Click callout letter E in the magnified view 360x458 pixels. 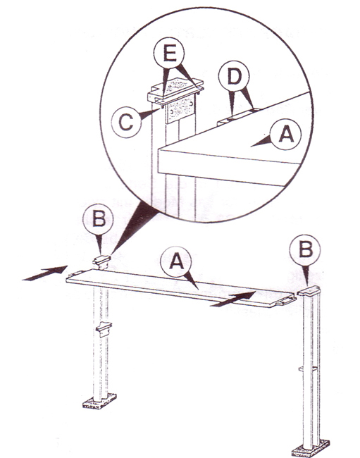(169, 54)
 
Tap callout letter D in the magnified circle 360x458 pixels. (234, 77)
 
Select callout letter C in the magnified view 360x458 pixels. (126, 122)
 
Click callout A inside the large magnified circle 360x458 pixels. (285, 135)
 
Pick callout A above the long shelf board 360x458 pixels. (176, 261)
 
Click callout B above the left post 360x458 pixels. (98, 219)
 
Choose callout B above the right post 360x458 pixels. (305, 250)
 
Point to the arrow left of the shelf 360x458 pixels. (44, 273)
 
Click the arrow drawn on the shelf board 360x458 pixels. (233, 299)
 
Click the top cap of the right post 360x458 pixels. (309, 291)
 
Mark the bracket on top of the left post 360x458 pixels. (101, 261)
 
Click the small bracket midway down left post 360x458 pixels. (104, 328)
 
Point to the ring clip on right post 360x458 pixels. (308, 369)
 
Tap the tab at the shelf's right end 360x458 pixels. (286, 301)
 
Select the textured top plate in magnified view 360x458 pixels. (175, 87)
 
